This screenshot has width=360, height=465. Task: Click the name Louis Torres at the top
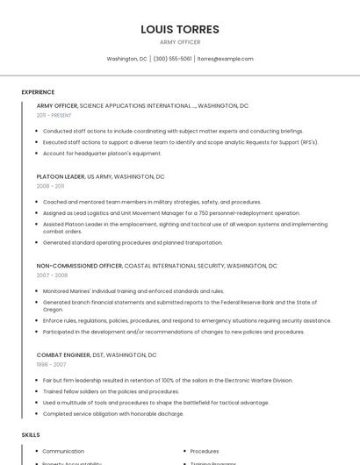pos(180,29)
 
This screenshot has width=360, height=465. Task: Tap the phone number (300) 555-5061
pos(172,59)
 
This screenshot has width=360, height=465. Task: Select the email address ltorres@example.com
pos(226,59)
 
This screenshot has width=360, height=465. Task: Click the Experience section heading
pos(38,92)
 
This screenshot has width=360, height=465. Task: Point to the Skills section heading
pos(31,435)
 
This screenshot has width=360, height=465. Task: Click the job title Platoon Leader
pos(61,176)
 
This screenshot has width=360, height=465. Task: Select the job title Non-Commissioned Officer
pos(79,265)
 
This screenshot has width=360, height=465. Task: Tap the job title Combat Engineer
pos(63,355)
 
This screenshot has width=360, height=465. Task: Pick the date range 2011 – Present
pos(54,115)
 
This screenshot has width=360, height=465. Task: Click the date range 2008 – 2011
pos(50,186)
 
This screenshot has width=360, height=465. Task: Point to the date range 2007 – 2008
pos(52,275)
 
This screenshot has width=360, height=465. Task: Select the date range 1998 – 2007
pos(51,364)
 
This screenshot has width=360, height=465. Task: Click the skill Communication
pos(63,451)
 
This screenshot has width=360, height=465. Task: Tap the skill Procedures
pos(205,451)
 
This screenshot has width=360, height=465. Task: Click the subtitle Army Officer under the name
pos(180,42)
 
